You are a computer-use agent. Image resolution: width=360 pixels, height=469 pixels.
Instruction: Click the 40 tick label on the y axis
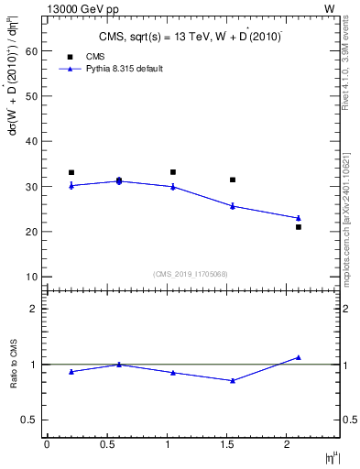pyautogui.click(x=30, y=141)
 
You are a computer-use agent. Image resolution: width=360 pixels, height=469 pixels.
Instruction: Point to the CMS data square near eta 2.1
pyautogui.click(x=299, y=226)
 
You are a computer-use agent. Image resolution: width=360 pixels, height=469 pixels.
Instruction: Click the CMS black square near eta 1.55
pyautogui.click(x=233, y=180)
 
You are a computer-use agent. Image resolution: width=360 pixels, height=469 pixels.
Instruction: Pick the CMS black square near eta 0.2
pyautogui.click(x=71, y=172)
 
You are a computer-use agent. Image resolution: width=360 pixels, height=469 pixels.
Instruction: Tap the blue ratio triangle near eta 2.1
pyautogui.click(x=299, y=357)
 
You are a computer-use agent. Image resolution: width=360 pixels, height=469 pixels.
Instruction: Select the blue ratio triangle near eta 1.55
pyautogui.click(x=233, y=380)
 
